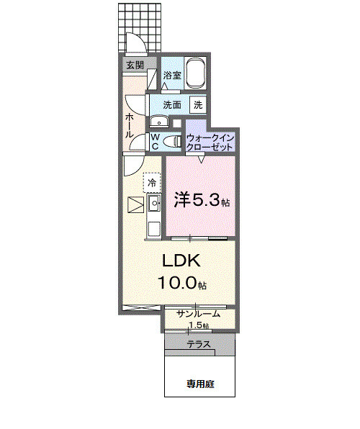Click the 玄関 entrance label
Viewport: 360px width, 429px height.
point(135,65)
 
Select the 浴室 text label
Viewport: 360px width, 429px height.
point(171,75)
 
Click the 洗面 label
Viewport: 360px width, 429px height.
point(172,104)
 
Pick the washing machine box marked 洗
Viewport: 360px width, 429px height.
point(197,104)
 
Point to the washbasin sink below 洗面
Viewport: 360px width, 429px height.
point(157,121)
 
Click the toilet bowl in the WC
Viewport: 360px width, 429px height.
point(172,141)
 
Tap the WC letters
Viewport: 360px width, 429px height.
point(155,141)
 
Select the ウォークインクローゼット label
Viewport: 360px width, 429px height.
point(210,141)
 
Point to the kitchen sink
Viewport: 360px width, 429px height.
point(153,205)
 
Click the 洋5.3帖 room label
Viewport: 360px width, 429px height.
point(201,201)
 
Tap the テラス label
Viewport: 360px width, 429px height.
point(199,344)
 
